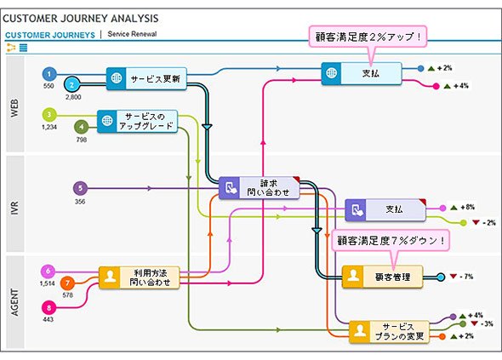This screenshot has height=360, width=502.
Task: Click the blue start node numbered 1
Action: pos(49,74)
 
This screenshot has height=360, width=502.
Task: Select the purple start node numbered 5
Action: pos(80,188)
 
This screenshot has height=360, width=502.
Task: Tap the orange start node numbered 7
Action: pos(67,283)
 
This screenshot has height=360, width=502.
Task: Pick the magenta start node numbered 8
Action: pos(48,308)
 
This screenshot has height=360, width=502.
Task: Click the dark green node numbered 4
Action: pos(82,127)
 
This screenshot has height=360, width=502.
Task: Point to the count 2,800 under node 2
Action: pos(73,97)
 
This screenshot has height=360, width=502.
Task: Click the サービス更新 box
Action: pos(146,78)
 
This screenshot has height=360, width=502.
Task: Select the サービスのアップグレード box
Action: pos(137,122)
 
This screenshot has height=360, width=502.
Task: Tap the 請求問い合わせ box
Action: pos(260,188)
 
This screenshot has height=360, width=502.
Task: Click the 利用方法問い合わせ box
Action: pos(140,277)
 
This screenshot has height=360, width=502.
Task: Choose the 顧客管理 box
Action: pos(383,277)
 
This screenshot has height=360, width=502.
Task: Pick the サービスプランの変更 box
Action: pos(389,332)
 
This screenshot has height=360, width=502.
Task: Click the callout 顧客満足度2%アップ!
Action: pos(368,37)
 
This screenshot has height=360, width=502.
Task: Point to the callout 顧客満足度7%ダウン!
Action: pos(391,240)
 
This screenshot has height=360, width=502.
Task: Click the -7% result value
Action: pos(465,277)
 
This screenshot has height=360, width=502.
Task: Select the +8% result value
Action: pos(467,207)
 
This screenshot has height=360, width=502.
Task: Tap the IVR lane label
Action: pos(14,208)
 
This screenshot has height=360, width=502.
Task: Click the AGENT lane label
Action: pos(14,302)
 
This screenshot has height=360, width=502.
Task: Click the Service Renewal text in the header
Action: pos(132,34)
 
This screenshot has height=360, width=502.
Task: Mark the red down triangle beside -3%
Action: pos(475,323)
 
